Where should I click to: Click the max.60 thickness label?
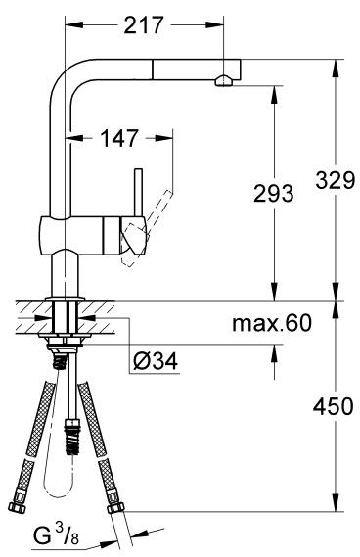[x=272, y=324]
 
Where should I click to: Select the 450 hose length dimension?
[x=334, y=406]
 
